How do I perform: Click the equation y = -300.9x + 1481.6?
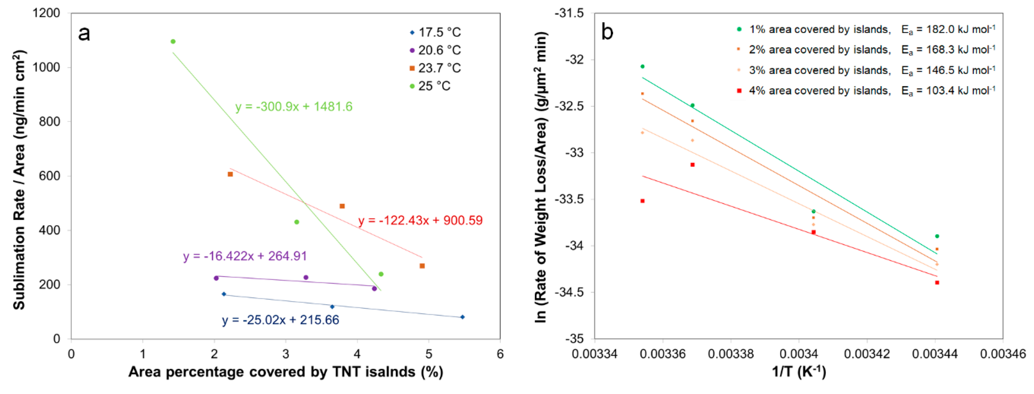[293, 107]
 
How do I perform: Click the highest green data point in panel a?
[173, 41]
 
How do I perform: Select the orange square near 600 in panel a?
[230, 174]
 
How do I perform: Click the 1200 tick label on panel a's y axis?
[46, 13]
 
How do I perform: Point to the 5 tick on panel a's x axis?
[429, 354]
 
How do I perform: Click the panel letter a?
[84, 34]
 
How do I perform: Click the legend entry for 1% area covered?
[819, 29]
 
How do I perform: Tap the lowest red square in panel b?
[937, 283]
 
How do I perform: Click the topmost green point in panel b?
[642, 66]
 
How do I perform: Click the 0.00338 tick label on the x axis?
[731, 354]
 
